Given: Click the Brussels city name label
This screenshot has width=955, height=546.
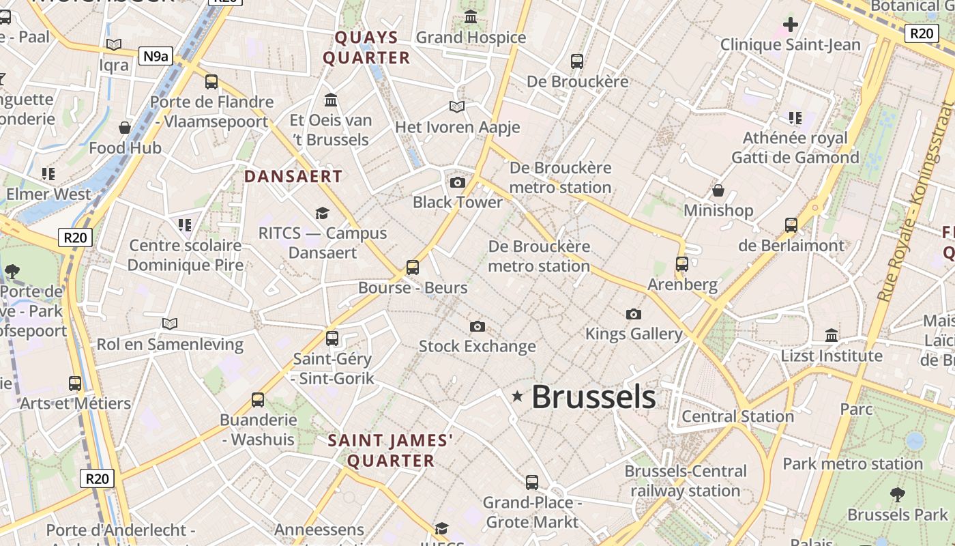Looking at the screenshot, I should coord(593,397).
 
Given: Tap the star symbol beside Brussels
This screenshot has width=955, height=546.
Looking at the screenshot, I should coord(518,396).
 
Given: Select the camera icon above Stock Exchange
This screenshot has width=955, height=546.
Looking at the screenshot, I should coord(477,327).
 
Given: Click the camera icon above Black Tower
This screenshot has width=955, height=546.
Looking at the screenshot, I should coord(458,182).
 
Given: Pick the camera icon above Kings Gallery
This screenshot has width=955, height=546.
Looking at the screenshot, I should coord(634,314).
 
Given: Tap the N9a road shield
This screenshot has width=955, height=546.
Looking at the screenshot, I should coord(156,56).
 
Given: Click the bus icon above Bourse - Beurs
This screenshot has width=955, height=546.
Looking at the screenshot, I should coord(413,268).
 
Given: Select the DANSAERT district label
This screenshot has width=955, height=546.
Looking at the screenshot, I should coord(293,176).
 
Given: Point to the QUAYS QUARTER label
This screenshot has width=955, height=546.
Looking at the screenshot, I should coord(367,48).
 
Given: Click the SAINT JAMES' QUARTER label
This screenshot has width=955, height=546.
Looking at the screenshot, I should coord(391,450).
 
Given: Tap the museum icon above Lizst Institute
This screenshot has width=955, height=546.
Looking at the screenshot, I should coord(832,335).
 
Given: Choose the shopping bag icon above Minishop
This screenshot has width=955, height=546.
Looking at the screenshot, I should coord(718,190).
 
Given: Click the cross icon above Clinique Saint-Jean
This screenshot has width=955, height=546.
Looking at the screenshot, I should coord(791,25).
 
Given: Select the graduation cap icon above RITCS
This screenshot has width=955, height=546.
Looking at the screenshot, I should coord(322,214).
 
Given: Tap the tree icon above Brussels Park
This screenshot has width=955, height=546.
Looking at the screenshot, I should coord(898,494).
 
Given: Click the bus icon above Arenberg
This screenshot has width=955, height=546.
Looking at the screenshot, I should coord(682,264).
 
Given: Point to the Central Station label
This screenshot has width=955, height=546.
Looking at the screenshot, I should coord(737,416).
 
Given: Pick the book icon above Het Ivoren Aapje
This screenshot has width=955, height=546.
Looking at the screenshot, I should coord(457,107).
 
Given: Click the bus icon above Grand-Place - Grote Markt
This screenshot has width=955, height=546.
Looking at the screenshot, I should coord(532,483).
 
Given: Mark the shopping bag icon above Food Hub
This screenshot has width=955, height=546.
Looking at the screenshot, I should coord(125,128).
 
